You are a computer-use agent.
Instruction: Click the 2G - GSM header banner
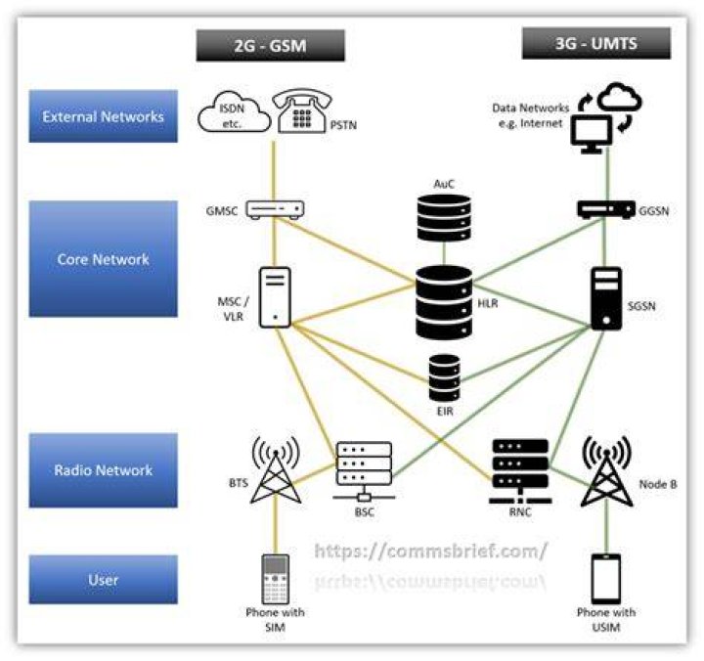click(270, 45)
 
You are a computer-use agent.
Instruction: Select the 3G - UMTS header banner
click(596, 43)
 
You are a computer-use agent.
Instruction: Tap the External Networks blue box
click(104, 116)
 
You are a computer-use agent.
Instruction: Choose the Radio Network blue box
click(104, 470)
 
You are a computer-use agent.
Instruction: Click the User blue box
click(104, 580)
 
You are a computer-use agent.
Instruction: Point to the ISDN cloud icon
click(235, 112)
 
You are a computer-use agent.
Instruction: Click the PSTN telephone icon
click(302, 110)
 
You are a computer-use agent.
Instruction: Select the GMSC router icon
click(275, 209)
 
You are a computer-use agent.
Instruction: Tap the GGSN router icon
click(606, 209)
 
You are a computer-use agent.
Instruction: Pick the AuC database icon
click(444, 218)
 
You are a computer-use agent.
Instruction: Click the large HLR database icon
click(444, 302)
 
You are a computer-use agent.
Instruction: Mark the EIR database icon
click(445, 378)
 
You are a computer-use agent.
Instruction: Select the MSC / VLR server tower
click(275, 297)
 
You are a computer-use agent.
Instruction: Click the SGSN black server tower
click(606, 298)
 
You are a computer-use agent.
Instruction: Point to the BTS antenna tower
click(276, 469)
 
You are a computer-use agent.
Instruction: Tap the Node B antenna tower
click(606, 471)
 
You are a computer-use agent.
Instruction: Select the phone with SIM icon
click(275, 579)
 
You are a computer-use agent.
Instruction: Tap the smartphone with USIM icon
click(606, 579)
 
